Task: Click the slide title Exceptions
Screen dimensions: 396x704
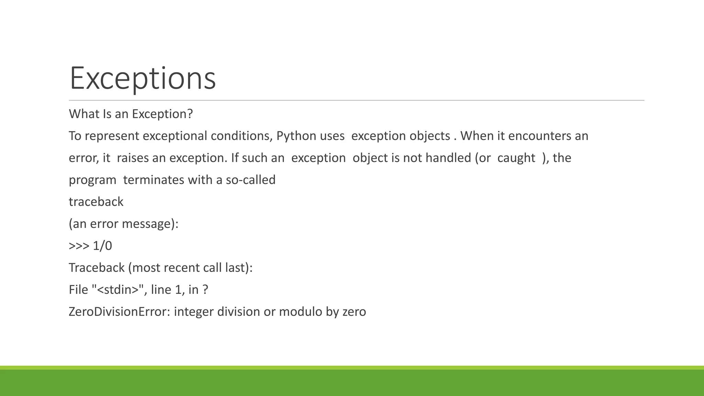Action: (142, 78)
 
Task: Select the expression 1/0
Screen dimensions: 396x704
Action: (102, 246)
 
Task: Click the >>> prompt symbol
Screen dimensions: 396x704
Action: (79, 246)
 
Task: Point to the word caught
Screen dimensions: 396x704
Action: (516, 158)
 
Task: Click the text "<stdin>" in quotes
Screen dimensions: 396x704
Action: (117, 290)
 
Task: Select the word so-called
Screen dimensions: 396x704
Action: (251, 180)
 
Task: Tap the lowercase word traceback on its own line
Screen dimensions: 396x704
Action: (96, 202)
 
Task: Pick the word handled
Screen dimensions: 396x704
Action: (448, 158)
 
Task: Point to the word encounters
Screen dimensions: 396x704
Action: (540, 136)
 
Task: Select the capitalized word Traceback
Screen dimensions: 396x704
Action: (97, 268)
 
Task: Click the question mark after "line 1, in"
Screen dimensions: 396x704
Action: (205, 290)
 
